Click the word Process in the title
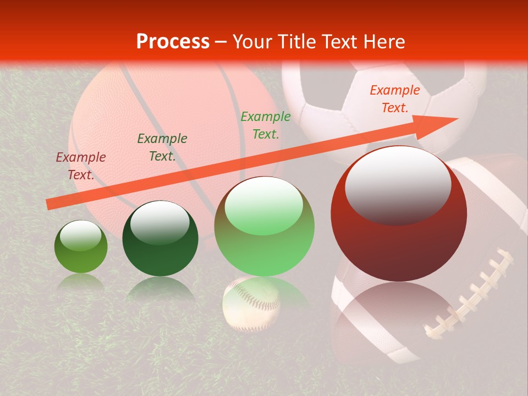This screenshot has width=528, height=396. pos(173,41)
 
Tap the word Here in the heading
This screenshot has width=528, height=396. pos(383,41)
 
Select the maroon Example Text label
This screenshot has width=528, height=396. pos(81,166)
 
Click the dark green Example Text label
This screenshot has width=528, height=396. pos(162,147)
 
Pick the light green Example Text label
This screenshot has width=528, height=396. pos(266,125)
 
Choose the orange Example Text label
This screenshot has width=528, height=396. pos(394,99)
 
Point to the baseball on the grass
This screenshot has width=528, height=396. pos(251,302)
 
